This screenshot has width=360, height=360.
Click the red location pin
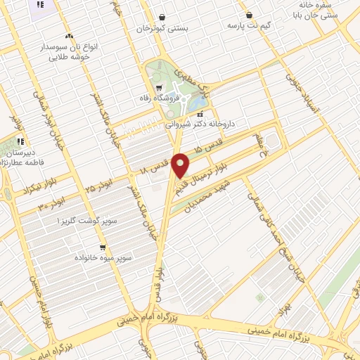(x=181, y=165)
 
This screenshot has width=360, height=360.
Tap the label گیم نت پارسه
(x=250, y=25)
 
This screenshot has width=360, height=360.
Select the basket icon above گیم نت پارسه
(x=250, y=15)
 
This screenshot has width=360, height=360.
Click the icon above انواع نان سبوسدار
(x=68, y=35)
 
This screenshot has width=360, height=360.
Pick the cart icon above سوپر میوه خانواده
(x=103, y=247)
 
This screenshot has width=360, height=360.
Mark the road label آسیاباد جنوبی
(x=292, y=88)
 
